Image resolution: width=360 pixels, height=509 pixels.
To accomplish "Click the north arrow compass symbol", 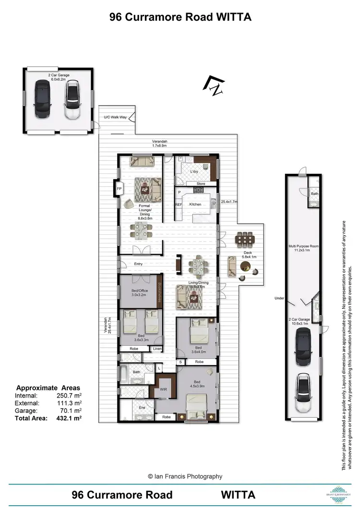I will (x=214, y=85).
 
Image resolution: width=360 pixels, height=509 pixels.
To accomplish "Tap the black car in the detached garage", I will (x=42, y=100).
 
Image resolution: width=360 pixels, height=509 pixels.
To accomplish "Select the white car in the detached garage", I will (x=72, y=100).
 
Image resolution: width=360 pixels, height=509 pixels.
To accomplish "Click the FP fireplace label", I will (x=119, y=189).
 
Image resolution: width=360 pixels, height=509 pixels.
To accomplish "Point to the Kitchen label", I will (x=195, y=205).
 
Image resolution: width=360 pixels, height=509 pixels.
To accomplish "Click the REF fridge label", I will (x=178, y=205).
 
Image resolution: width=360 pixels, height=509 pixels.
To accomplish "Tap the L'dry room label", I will (x=194, y=171).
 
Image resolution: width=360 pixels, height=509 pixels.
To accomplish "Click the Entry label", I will (x=138, y=264).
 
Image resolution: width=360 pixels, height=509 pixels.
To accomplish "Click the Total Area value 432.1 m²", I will (x=69, y=418).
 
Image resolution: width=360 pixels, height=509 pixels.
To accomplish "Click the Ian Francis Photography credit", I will (x=185, y=476).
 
